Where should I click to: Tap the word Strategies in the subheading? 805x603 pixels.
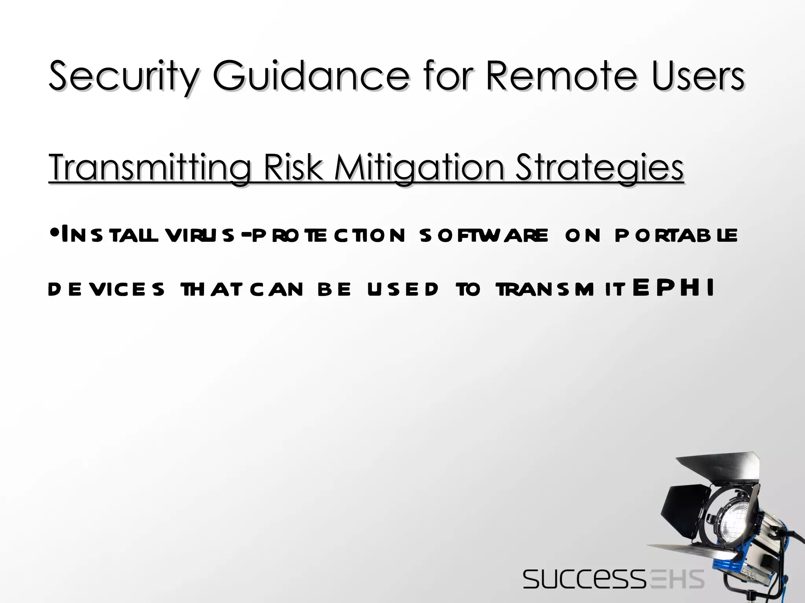[x=599, y=168]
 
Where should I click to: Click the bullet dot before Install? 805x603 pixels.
[x=55, y=234]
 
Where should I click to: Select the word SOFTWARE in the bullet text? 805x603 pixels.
[x=483, y=235]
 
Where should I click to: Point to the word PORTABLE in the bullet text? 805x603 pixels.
[x=676, y=235]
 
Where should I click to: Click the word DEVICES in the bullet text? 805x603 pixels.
[x=106, y=289]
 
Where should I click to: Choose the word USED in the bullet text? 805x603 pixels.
[x=403, y=289]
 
